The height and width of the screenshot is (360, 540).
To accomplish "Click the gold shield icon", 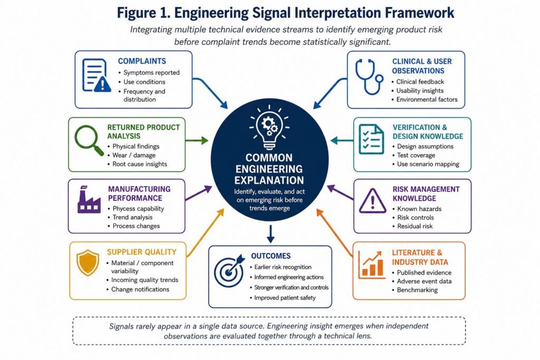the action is click(x=88, y=262).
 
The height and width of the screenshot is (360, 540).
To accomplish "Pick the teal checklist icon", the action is click(x=371, y=139).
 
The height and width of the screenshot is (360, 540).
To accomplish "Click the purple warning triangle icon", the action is click(x=372, y=201).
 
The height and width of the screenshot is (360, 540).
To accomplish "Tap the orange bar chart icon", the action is click(x=371, y=264).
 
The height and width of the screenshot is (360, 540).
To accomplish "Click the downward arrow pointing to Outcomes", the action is click(x=271, y=234).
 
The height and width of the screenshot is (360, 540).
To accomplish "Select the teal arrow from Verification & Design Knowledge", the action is click(x=342, y=140).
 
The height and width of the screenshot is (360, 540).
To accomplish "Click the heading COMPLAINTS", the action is click(x=142, y=61).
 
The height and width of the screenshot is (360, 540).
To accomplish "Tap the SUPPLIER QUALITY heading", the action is click(x=141, y=252).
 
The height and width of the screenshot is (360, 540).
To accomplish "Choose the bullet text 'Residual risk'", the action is click(x=415, y=226).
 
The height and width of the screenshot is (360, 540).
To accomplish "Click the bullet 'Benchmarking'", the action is click(x=417, y=290).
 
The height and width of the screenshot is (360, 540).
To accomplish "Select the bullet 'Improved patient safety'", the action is click(x=285, y=298).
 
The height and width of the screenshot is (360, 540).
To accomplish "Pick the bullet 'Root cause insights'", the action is click(x=139, y=164).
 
